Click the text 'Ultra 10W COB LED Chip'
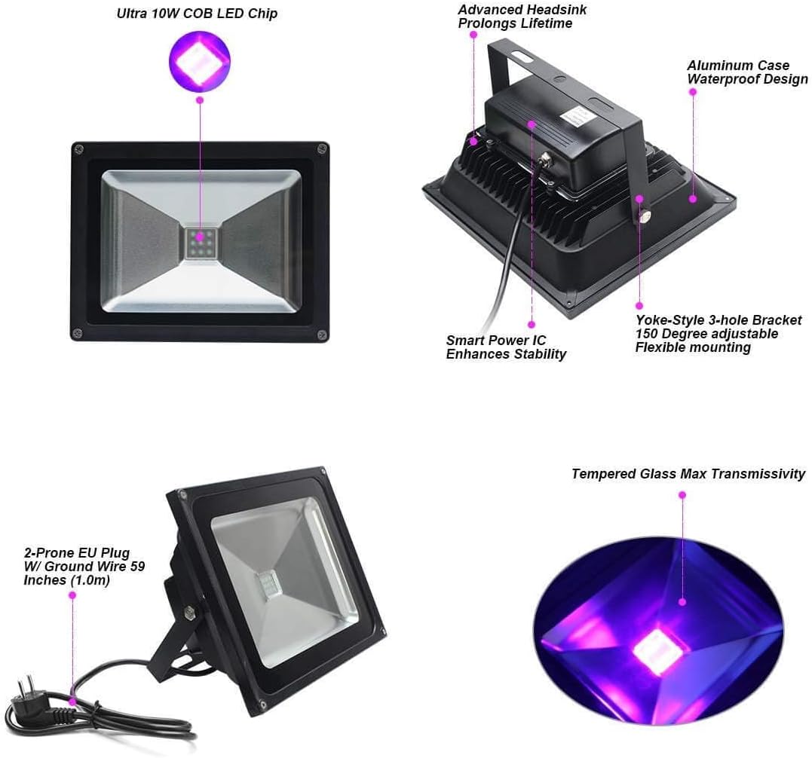[197, 14]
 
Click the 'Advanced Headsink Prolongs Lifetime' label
[522, 17]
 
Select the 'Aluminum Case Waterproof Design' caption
[746, 72]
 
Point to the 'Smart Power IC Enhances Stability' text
[506, 347]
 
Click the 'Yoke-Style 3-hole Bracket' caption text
[719, 320]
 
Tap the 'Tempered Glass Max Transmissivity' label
[688, 474]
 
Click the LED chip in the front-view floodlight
[201, 241]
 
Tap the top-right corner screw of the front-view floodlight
[322, 149]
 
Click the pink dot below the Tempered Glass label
[682, 495]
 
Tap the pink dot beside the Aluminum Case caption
[693, 92]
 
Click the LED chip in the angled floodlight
[267, 585]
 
